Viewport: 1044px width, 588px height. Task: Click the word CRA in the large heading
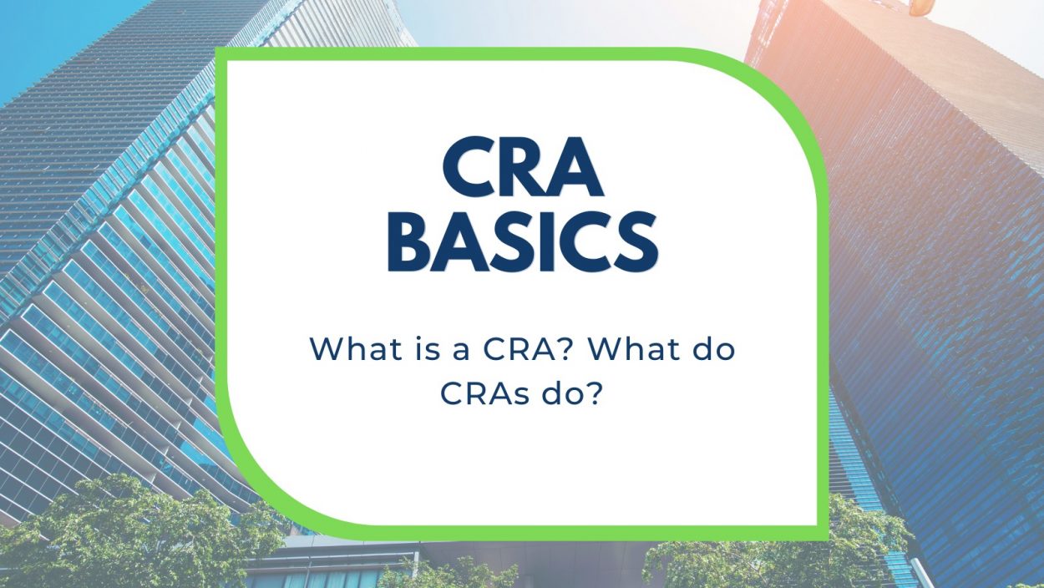pos(523,166)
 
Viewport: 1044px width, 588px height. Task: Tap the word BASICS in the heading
pos(523,241)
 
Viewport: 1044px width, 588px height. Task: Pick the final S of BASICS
pos(636,241)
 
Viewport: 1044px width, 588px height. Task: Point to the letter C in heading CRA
pos(467,166)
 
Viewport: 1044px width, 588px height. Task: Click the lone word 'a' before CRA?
pos(460,351)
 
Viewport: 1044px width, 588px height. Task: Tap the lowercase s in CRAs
pos(523,396)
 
